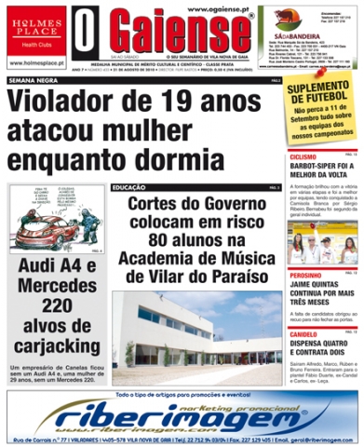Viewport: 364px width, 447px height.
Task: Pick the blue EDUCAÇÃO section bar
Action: pyautogui.click(x=195, y=188)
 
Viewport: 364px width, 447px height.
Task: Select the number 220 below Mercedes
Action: pyautogui.click(x=56, y=305)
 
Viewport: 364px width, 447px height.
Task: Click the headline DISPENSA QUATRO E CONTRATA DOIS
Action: pyautogui.click(x=321, y=347)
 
